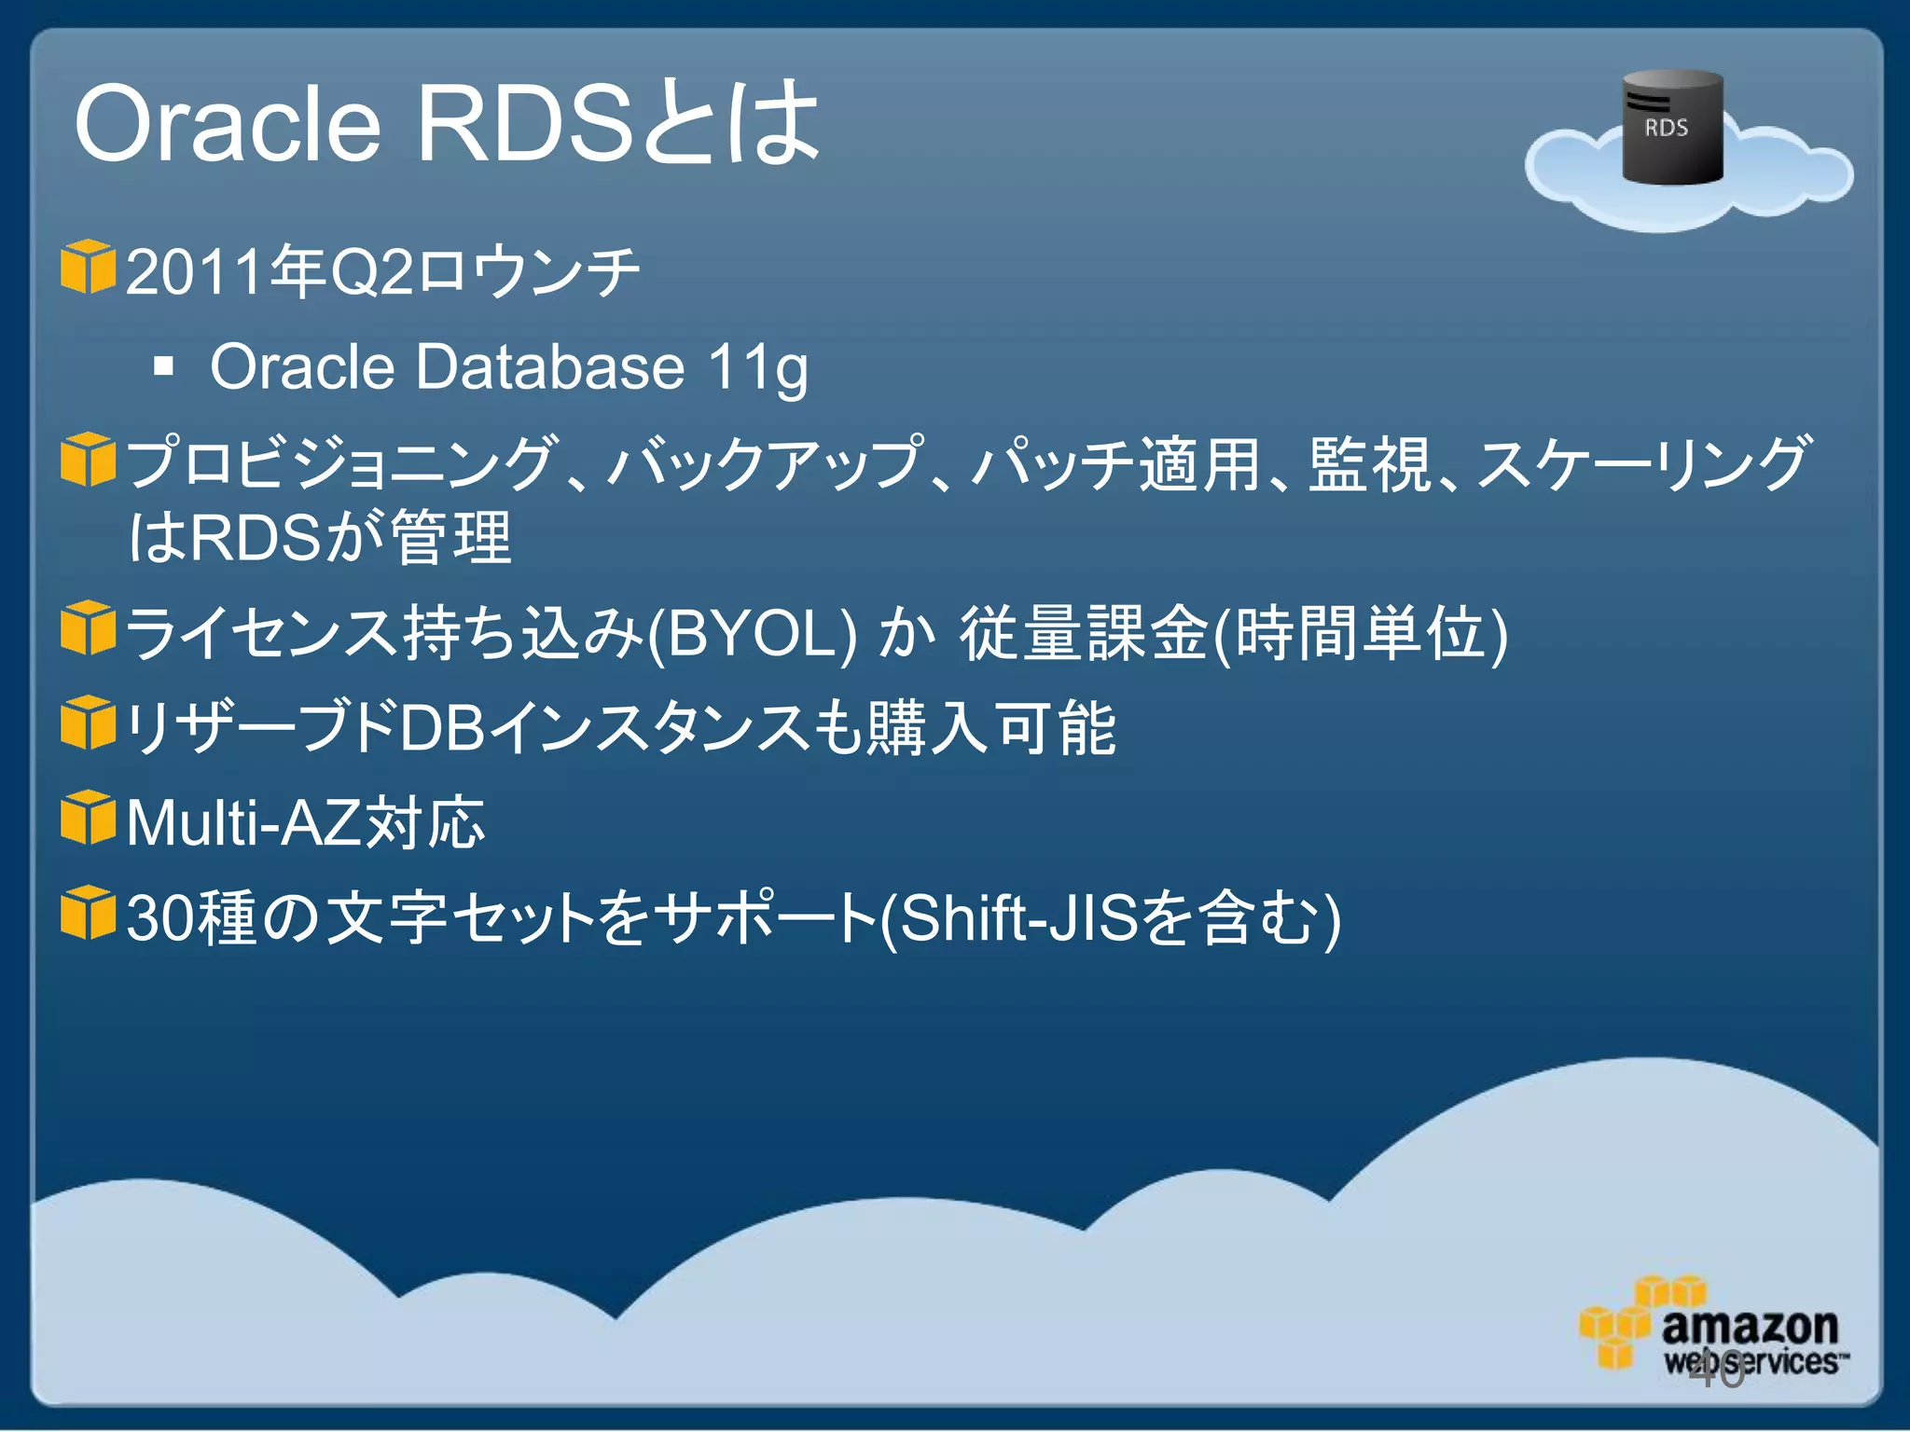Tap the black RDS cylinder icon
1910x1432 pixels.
pos(1672,127)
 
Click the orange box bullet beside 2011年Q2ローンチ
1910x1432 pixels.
pos(88,267)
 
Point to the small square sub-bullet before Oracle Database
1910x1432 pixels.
pos(164,366)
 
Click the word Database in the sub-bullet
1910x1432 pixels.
pos(550,366)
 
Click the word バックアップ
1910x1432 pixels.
pos(765,463)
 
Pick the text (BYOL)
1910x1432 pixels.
pos(752,633)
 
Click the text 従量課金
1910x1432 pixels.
pos(1085,633)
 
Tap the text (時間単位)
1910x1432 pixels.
pos(1362,633)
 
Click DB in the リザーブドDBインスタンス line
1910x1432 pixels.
pos(442,728)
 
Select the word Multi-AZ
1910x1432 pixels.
pos(243,823)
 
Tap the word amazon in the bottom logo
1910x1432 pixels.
pos(1750,1326)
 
